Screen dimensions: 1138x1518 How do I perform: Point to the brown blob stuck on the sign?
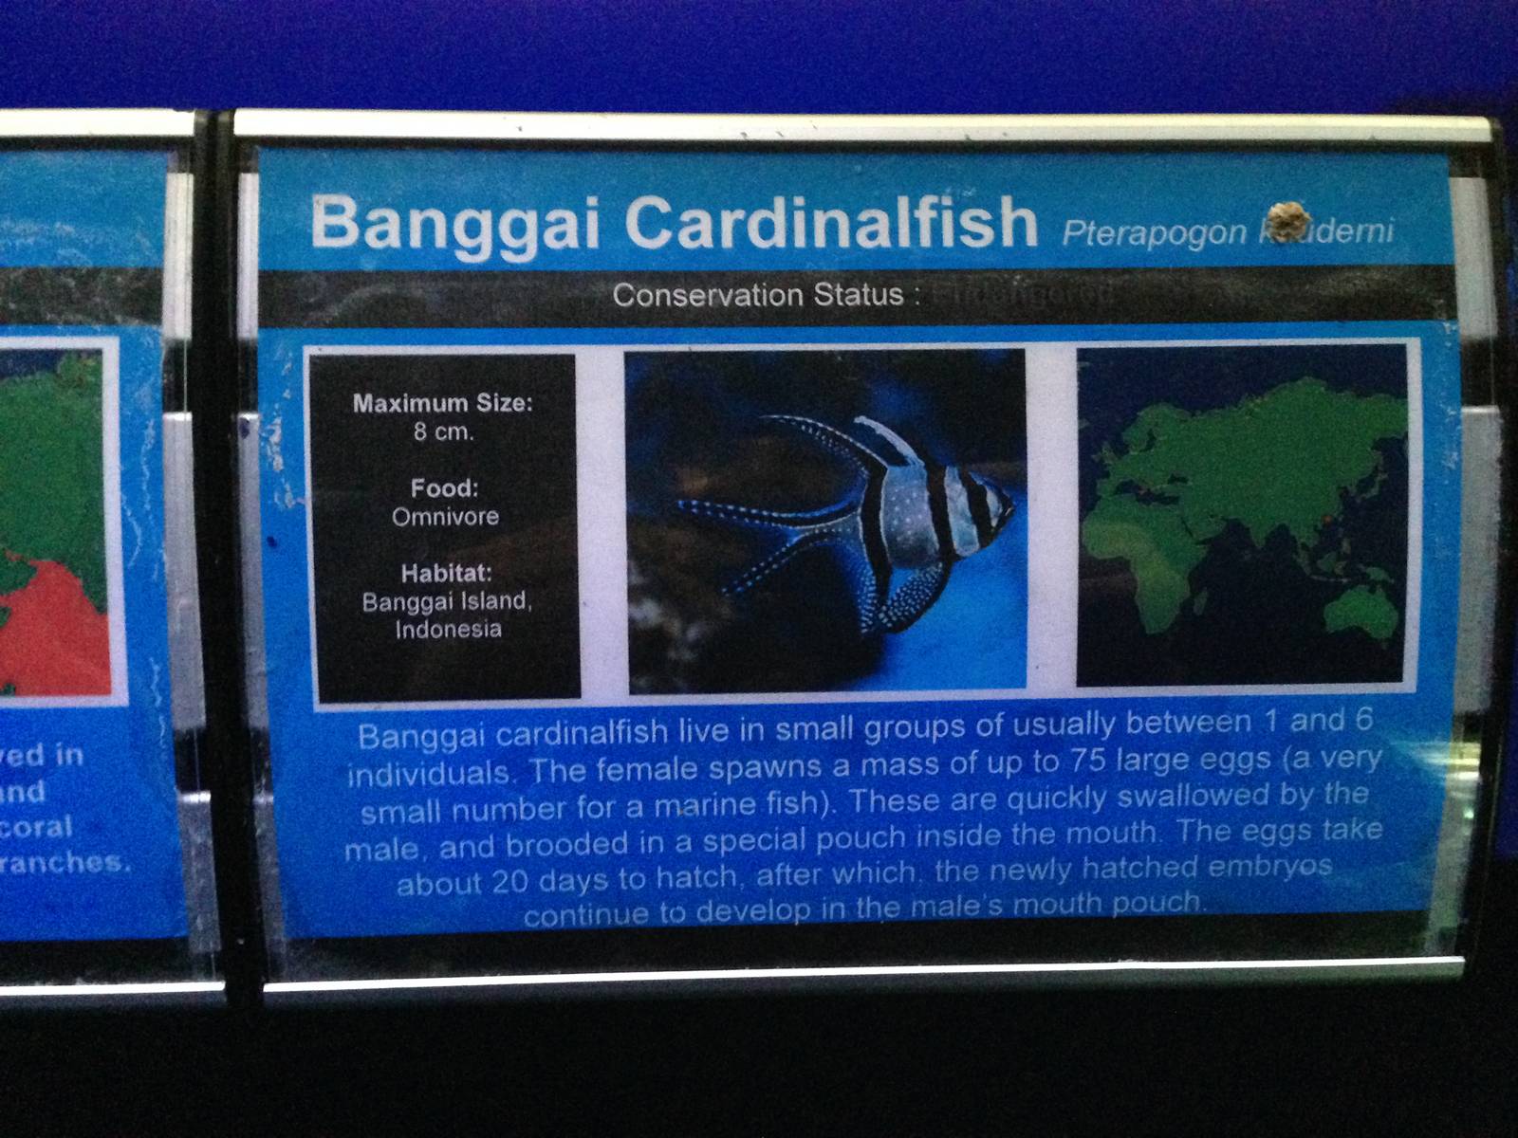click(x=1286, y=219)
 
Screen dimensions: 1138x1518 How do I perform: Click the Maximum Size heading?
click(x=443, y=403)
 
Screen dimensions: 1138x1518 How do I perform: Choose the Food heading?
click(x=444, y=488)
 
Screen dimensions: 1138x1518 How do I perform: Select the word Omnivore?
click(x=445, y=517)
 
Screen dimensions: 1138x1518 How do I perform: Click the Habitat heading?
click(x=446, y=573)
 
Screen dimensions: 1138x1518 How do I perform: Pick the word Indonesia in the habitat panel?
click(x=448, y=629)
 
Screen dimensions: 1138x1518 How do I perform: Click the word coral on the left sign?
click(x=38, y=827)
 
